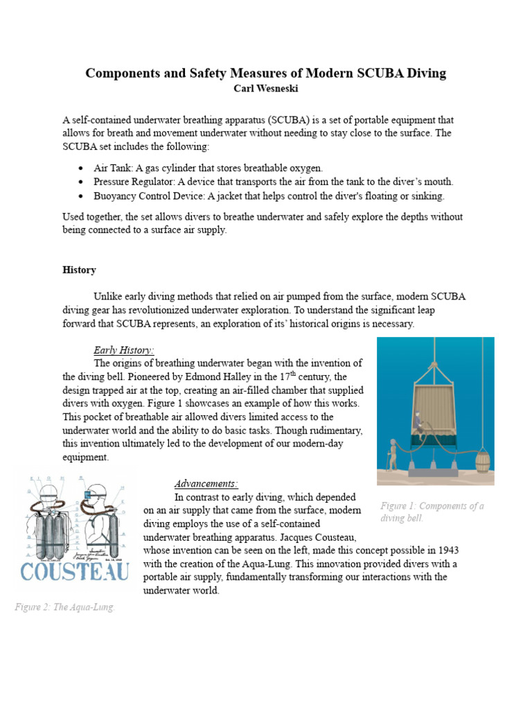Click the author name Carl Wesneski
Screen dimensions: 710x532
click(x=266, y=89)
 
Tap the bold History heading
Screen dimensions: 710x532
click(x=79, y=270)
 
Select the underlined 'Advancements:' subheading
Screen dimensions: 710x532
click(x=206, y=483)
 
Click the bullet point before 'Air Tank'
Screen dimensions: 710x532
click(x=81, y=168)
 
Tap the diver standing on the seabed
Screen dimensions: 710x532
click(x=393, y=454)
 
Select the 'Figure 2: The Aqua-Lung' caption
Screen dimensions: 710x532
click(x=64, y=607)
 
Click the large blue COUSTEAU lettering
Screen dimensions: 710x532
click(x=74, y=573)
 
